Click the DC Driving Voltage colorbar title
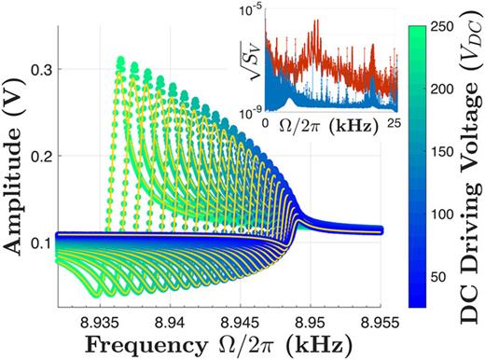(x=470, y=168)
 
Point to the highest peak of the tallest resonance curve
(x=120, y=61)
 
